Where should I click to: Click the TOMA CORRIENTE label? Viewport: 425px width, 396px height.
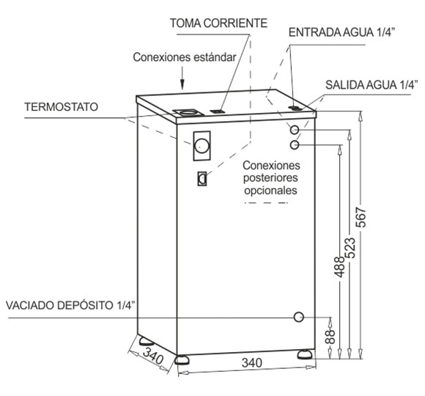(218, 23)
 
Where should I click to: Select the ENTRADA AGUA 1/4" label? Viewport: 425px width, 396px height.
(341, 32)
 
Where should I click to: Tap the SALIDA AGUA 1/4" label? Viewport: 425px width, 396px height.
(370, 84)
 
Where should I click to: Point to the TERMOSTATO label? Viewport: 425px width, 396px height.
(62, 107)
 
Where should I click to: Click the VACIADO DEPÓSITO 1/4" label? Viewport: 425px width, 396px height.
(70, 305)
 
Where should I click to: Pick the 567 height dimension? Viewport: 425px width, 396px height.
(361, 217)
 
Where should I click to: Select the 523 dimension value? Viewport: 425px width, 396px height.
(350, 248)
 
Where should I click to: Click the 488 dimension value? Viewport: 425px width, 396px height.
(339, 267)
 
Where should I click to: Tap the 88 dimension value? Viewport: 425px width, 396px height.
(330, 337)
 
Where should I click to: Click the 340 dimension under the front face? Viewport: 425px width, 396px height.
(252, 363)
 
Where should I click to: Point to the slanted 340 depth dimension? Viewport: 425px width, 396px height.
(153, 356)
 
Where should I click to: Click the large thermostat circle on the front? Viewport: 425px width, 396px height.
(202, 146)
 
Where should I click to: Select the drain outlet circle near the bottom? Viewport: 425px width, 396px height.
(299, 317)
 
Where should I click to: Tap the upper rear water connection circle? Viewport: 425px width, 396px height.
(295, 130)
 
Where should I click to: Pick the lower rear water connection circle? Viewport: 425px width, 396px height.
(295, 145)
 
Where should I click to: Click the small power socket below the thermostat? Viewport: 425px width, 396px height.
(202, 179)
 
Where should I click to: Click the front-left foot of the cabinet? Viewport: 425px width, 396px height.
(182, 359)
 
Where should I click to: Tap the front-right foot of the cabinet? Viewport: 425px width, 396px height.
(306, 354)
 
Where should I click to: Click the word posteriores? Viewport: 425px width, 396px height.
(270, 178)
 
